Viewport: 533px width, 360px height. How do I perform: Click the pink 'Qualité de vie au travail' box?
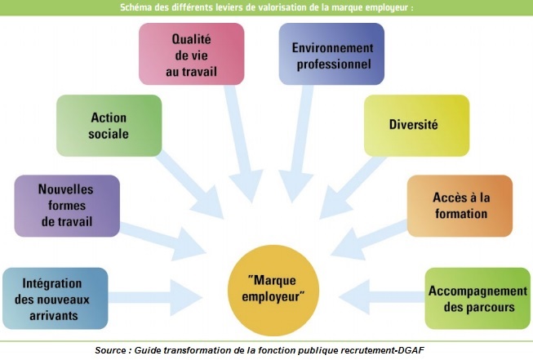192,53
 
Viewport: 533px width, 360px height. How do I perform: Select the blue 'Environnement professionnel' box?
331,54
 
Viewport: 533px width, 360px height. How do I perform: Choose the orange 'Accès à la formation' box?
460,206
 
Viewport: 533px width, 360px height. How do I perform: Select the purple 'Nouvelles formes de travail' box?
67,206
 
